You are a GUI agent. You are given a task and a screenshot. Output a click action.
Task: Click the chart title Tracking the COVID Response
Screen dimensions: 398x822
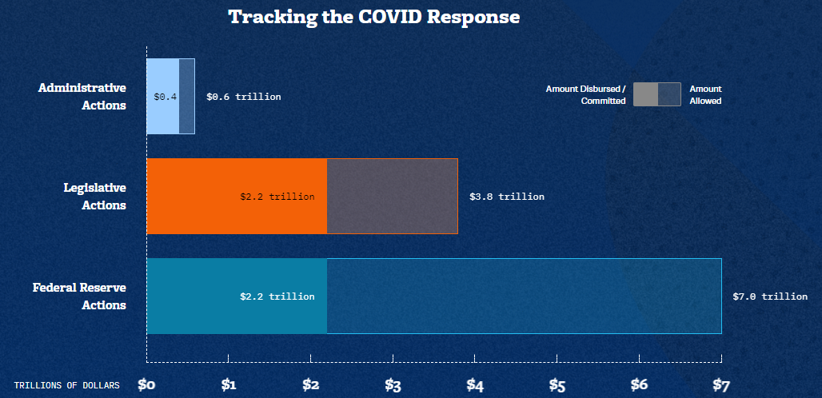click(374, 17)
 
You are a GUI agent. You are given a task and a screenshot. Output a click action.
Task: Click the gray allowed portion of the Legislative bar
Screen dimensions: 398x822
click(392, 196)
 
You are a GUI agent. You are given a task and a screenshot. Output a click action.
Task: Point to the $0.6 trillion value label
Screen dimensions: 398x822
click(244, 97)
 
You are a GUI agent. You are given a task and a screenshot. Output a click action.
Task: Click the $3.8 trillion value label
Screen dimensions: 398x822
click(507, 197)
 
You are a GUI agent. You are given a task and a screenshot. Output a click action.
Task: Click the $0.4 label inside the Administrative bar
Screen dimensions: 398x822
click(166, 97)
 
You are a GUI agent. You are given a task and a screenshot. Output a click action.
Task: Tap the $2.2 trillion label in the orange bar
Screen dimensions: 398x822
click(277, 197)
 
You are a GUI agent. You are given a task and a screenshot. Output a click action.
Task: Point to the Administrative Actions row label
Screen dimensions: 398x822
click(82, 96)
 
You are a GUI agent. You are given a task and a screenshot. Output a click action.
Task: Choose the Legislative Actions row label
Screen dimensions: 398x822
click(95, 196)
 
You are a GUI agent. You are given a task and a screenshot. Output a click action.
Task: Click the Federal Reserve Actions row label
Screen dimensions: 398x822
click(79, 296)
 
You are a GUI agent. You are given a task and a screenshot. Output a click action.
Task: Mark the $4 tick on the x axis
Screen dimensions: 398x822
click(475, 385)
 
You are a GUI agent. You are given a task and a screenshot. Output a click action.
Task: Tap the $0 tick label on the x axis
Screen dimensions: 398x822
click(146, 385)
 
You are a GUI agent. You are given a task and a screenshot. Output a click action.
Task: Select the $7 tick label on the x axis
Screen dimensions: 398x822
click(721, 385)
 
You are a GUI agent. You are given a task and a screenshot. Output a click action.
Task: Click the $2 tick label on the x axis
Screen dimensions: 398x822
click(311, 385)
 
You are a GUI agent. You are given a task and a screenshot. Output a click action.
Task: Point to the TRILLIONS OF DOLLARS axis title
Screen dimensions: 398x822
click(66, 386)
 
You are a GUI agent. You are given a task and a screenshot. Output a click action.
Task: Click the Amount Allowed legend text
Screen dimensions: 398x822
click(705, 95)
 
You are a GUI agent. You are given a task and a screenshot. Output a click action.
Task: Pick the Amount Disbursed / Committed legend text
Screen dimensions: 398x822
click(586, 95)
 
